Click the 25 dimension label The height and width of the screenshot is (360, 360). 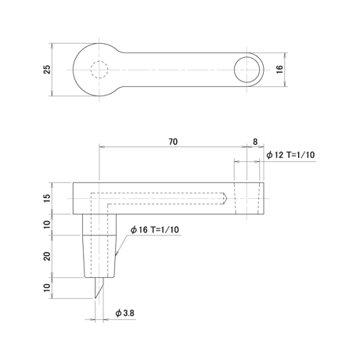[x=47, y=70]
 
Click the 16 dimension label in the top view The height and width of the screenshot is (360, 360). [x=279, y=70]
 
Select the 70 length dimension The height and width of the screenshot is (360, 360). [x=173, y=142]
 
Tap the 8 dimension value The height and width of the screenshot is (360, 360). [x=255, y=142]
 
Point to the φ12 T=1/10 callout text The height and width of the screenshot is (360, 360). [x=290, y=155]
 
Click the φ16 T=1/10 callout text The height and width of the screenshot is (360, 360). [x=155, y=229]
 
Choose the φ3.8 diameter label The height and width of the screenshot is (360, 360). [x=125, y=313]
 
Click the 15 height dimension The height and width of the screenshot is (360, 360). [x=47, y=198]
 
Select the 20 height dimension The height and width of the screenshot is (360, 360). [x=47, y=256]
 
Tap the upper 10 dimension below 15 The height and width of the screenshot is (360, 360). [x=47, y=225]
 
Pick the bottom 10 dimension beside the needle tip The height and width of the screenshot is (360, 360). [x=47, y=288]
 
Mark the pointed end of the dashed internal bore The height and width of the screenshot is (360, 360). [x=227, y=199]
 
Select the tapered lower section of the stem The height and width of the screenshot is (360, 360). [x=99, y=256]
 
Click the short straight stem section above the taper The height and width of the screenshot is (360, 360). [x=99, y=225]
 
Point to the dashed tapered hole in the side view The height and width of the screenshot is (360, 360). [x=247, y=198]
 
